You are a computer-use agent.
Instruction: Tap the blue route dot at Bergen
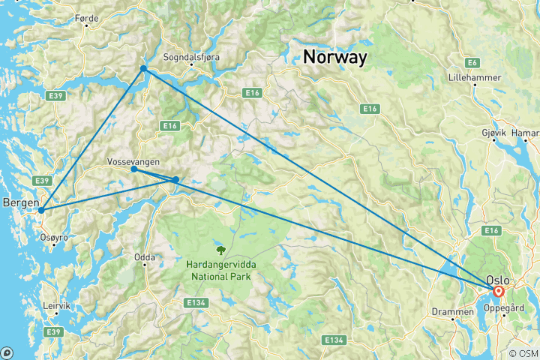[x=41, y=211]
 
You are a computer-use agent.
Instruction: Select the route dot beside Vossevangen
[x=133, y=169]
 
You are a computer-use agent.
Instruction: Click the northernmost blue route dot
[x=143, y=69]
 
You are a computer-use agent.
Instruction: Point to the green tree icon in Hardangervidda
[x=220, y=250]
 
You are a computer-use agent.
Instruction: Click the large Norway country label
[x=334, y=57]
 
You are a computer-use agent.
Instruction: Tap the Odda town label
[x=144, y=257]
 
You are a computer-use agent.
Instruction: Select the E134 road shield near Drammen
[x=334, y=340]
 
